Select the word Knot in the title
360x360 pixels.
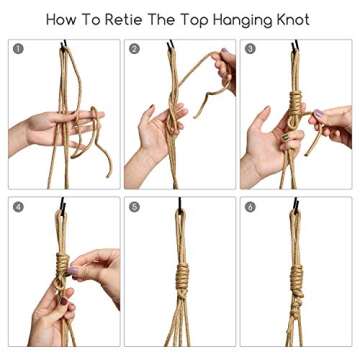coord(294,19)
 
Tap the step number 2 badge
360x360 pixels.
coord(134,48)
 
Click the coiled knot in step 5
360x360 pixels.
coord(180,275)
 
